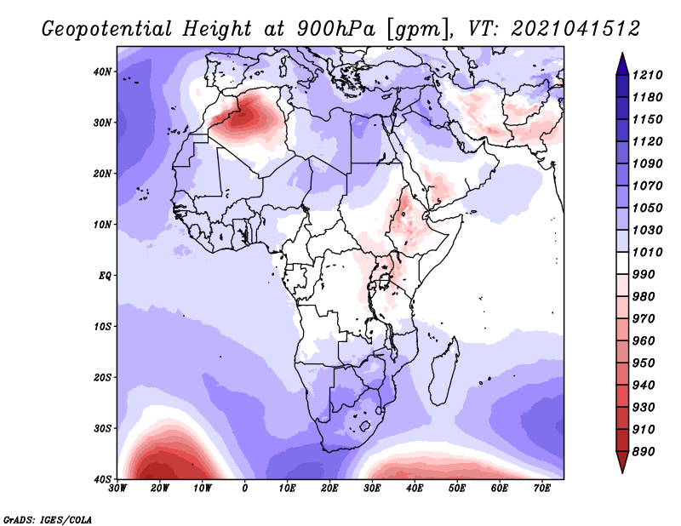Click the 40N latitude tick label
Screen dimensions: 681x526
click(x=102, y=71)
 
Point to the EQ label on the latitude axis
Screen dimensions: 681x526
click(x=105, y=276)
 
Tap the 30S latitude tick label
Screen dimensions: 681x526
click(x=102, y=429)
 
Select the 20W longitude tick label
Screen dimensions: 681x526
click(x=159, y=489)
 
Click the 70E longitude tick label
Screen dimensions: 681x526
click(x=541, y=489)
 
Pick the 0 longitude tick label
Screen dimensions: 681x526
click(x=244, y=489)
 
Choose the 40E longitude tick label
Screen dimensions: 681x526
click(x=415, y=489)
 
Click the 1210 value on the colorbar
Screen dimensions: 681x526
click(x=647, y=75)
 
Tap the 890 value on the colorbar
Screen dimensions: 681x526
click(x=644, y=452)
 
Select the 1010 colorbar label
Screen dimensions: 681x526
click(x=647, y=252)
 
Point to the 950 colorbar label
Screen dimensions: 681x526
click(x=644, y=363)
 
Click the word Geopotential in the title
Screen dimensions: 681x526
click(x=107, y=30)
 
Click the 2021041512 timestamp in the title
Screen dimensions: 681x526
click(x=575, y=29)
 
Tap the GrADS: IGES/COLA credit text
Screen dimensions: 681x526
click(x=48, y=519)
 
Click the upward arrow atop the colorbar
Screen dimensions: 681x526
click(x=622, y=64)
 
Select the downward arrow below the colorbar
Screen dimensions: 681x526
click(x=622, y=462)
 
